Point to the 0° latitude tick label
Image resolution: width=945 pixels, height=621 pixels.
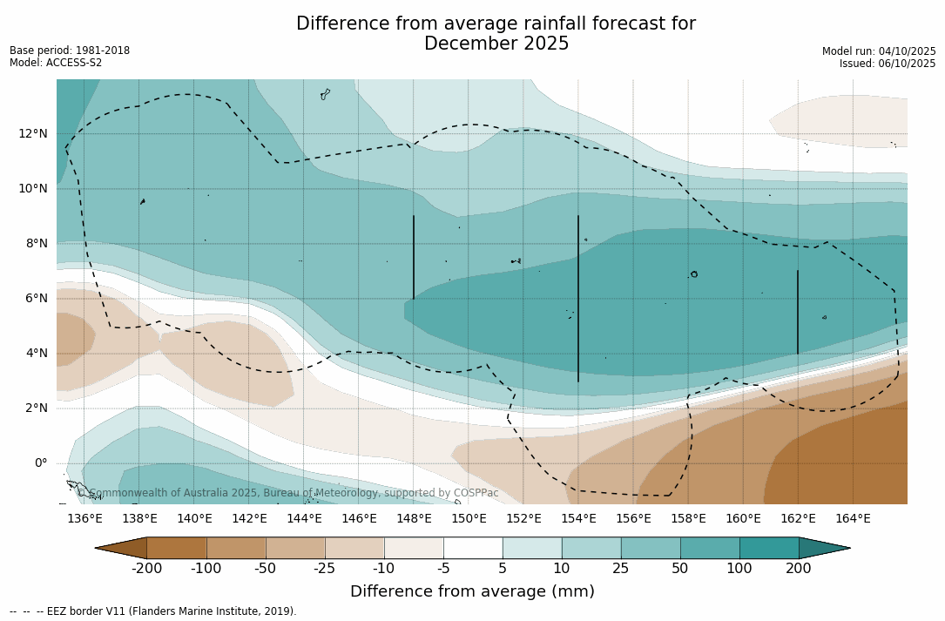[40, 462]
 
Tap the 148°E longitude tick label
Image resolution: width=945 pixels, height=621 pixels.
[414, 518]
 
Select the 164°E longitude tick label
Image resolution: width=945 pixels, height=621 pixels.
[853, 518]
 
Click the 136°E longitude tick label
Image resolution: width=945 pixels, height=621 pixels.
[84, 518]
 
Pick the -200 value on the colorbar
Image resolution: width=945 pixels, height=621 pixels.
[146, 569]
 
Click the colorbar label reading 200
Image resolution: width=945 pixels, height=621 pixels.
[799, 569]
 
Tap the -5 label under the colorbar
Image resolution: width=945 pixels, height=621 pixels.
[443, 569]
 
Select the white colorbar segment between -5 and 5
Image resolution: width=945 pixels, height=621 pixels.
[473, 548]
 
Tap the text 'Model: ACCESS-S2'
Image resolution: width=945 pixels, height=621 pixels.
[56, 63]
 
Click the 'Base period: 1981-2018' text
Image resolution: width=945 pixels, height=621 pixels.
[70, 51]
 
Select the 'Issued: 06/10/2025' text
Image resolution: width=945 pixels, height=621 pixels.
[888, 64]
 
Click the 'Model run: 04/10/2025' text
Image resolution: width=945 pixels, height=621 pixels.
[879, 51]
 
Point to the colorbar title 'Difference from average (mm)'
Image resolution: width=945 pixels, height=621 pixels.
[472, 591]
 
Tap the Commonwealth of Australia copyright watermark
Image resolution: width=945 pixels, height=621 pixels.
[287, 493]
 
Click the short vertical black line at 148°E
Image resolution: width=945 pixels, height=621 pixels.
[414, 257]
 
